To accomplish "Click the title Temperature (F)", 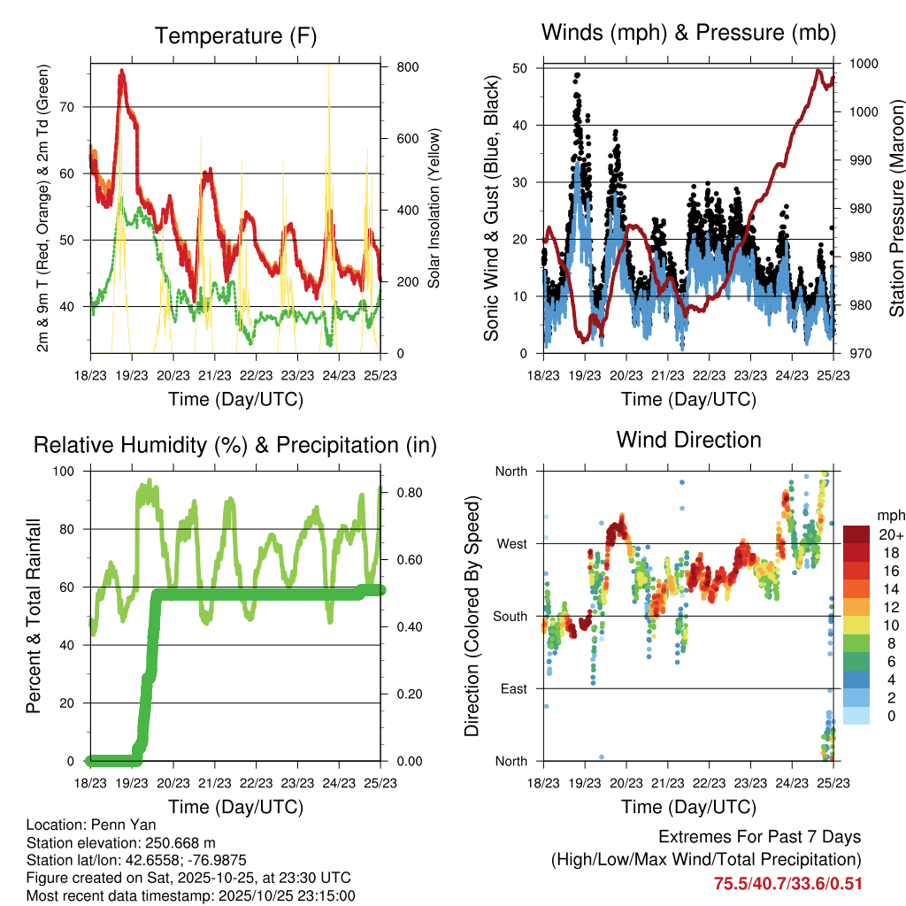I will click(x=235, y=36).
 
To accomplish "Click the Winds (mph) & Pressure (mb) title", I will click(x=688, y=33).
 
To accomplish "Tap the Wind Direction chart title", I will click(x=688, y=440).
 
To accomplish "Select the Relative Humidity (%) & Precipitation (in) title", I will click(x=235, y=445).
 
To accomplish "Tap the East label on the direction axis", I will click(x=512, y=688).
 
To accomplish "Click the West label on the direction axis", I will click(x=511, y=543).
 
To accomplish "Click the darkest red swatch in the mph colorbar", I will click(x=856, y=534).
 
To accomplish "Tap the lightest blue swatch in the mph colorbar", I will click(x=856, y=715).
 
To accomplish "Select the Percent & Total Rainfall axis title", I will click(x=34, y=616).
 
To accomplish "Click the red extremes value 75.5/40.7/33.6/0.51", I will click(x=787, y=884).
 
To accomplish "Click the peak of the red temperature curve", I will click(x=122, y=71).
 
